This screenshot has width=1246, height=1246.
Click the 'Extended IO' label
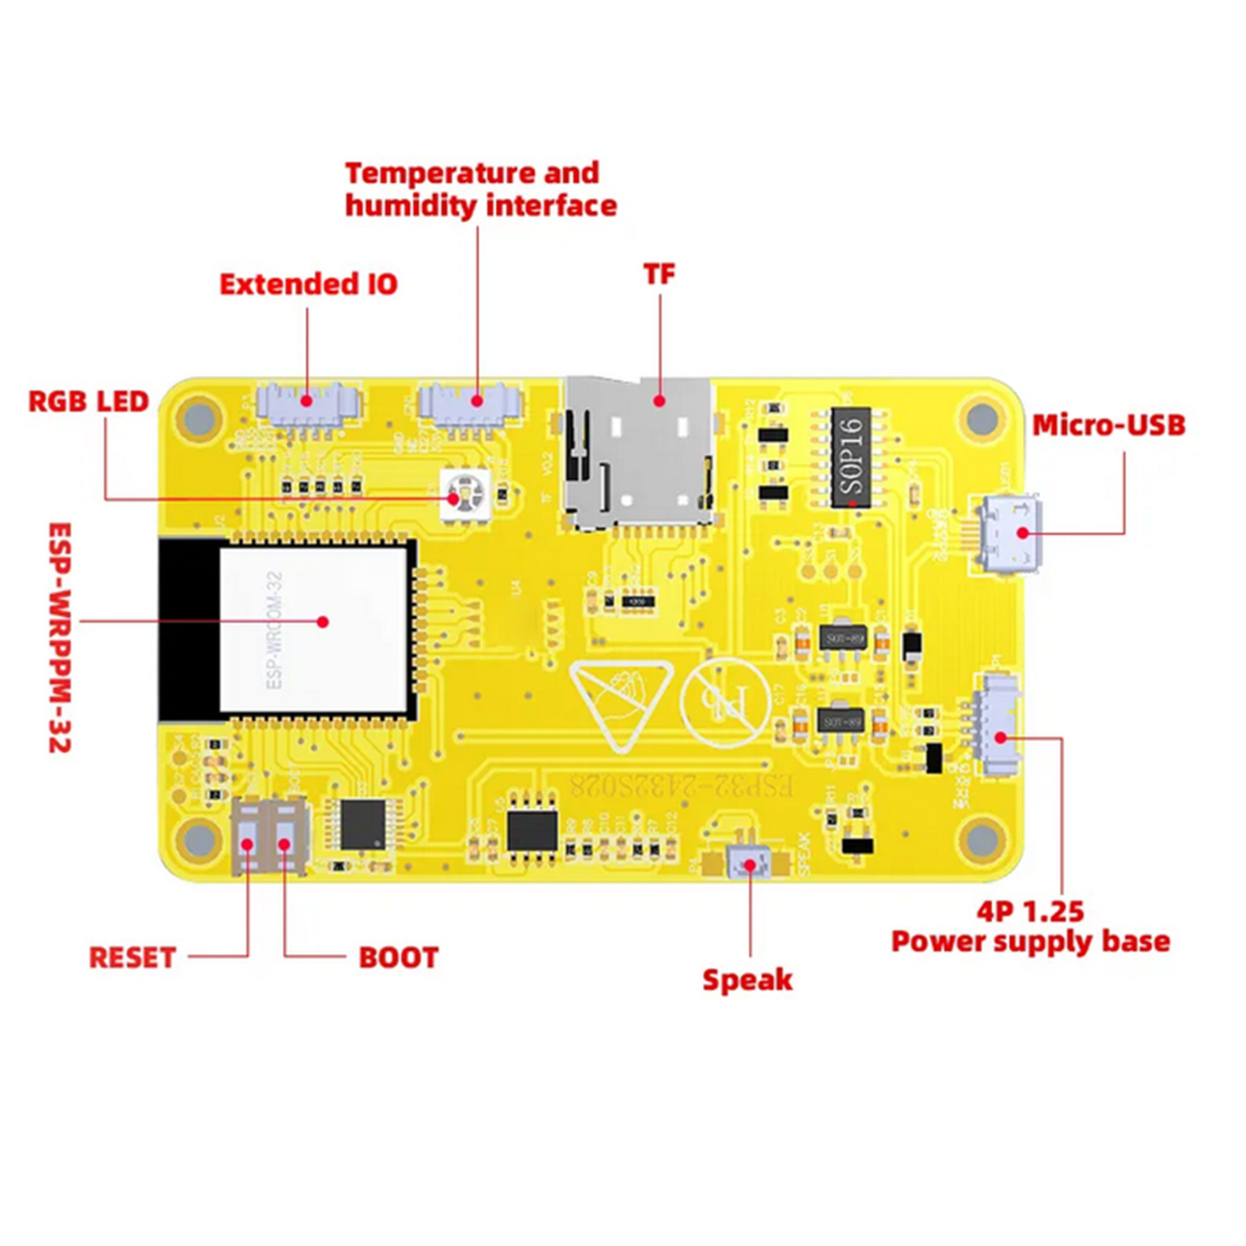(x=308, y=285)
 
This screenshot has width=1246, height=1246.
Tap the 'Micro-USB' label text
(x=1108, y=426)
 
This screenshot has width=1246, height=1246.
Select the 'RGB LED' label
(x=89, y=402)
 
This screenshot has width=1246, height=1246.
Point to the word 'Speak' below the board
(x=747, y=980)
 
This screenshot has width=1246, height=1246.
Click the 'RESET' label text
(x=132, y=958)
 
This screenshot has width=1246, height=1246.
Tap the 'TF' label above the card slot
(x=659, y=275)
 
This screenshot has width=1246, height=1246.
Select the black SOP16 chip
(x=850, y=457)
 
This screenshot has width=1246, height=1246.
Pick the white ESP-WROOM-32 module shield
(x=314, y=629)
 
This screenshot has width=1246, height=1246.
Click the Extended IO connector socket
(x=308, y=402)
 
